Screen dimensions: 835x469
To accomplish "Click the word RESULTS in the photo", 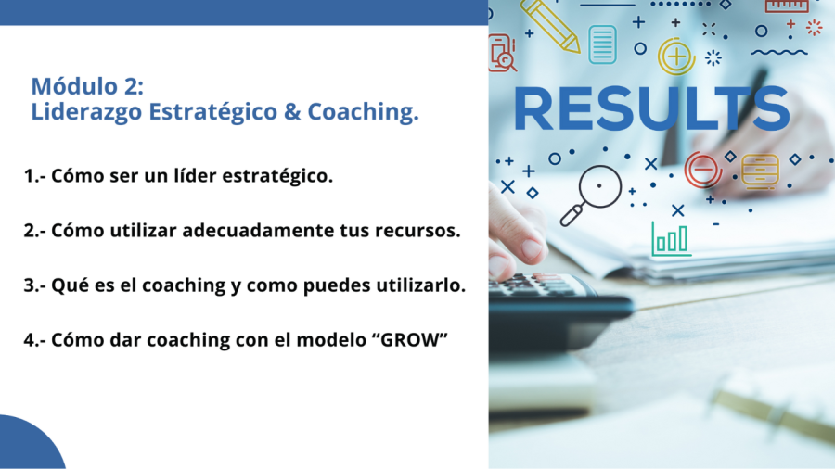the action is point(651,108).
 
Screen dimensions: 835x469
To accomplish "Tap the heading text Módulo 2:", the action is point(87,86).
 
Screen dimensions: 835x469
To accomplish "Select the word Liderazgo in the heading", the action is point(87,112).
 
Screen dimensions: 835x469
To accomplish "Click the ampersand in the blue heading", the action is point(292,111).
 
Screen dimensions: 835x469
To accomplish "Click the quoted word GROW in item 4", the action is point(413,339).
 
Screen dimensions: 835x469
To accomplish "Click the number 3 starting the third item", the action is point(30,285).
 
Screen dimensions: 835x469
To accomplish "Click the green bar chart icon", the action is point(671,239).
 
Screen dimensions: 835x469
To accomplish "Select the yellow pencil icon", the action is point(550,25).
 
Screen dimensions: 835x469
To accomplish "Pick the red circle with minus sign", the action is point(703,170).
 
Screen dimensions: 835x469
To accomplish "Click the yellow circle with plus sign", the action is point(676,56).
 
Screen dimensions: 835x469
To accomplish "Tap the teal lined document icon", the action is point(603,44).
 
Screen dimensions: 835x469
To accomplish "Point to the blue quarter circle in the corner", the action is point(27,446).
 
